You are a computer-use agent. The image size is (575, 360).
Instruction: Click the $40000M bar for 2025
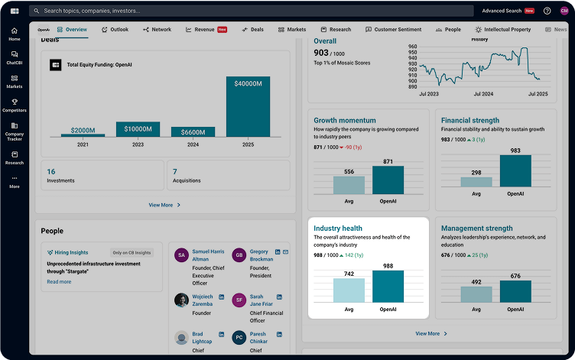pos(249,106)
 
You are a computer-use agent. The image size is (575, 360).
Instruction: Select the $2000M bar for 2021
pos(83,135)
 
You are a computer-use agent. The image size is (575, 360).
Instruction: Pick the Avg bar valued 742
pos(349,290)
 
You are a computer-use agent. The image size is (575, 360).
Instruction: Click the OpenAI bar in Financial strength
pos(515,171)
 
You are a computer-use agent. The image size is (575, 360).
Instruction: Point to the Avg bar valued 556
pos(349,184)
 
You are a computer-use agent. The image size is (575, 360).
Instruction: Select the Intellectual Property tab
pos(502,30)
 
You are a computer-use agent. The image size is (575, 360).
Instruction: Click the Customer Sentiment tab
pos(393,30)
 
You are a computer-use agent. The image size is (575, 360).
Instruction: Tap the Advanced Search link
pos(502,11)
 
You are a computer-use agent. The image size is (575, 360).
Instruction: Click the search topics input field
pos(229,11)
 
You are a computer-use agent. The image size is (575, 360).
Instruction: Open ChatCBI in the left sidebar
pos(15,57)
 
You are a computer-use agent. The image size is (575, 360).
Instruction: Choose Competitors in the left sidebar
pos(15,105)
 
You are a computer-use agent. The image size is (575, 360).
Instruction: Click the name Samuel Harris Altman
pos(208,255)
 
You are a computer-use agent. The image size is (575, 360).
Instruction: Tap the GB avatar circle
pos(239,255)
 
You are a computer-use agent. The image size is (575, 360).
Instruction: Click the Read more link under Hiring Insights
pos(59,282)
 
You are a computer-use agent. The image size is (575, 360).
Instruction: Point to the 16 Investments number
pos(51,172)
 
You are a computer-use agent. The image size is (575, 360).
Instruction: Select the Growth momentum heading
pos(345,120)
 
